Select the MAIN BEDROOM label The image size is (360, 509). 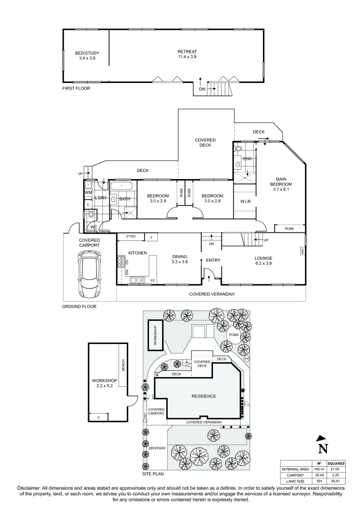(280, 184)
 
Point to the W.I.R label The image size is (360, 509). (245, 202)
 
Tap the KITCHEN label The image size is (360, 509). (138, 253)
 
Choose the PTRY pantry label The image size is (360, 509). (131, 237)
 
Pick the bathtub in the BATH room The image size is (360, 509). (123, 186)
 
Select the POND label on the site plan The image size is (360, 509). (233, 335)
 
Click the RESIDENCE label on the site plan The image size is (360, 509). (204, 396)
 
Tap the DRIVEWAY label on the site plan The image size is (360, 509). (157, 448)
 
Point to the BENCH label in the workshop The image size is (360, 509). (123, 363)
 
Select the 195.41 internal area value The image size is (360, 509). (318, 469)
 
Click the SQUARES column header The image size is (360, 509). (336, 463)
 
